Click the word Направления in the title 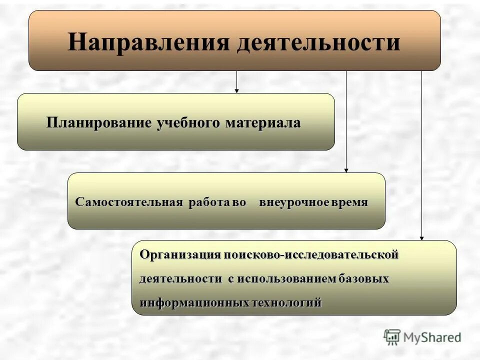148,42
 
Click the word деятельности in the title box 318,42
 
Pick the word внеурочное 294,202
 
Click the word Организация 180,254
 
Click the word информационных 194,302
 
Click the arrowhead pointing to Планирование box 236,90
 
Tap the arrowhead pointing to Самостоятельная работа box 346,170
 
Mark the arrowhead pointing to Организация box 421,238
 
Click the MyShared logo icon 392,337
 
